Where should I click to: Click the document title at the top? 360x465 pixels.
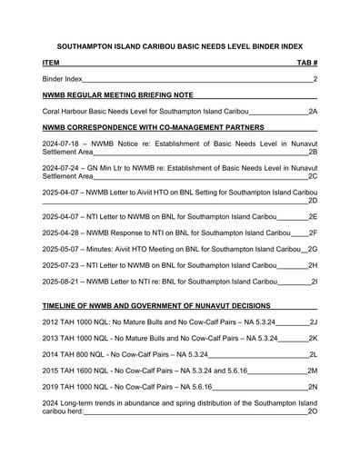[180, 45]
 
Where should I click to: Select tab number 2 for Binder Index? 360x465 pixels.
[315, 79]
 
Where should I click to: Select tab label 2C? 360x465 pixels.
[312, 177]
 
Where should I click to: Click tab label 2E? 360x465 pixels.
[312, 217]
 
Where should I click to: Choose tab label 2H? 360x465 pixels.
[312, 265]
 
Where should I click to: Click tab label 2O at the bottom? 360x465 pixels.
[312, 411]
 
